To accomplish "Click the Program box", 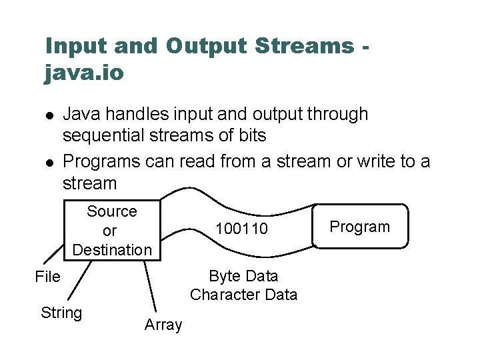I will [360, 227].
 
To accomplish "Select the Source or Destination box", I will [111, 230].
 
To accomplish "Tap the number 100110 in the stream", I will [241, 229].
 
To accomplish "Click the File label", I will [47, 277].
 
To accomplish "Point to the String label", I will [61, 313].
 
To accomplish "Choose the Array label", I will [163, 325].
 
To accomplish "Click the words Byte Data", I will [243, 276].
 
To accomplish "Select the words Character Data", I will [243, 295].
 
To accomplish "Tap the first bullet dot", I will [49, 115].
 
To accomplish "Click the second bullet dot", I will [49, 162].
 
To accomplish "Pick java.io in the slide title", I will [84, 72].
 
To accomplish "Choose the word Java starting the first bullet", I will [81, 115].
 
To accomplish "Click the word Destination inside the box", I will [112, 250].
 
